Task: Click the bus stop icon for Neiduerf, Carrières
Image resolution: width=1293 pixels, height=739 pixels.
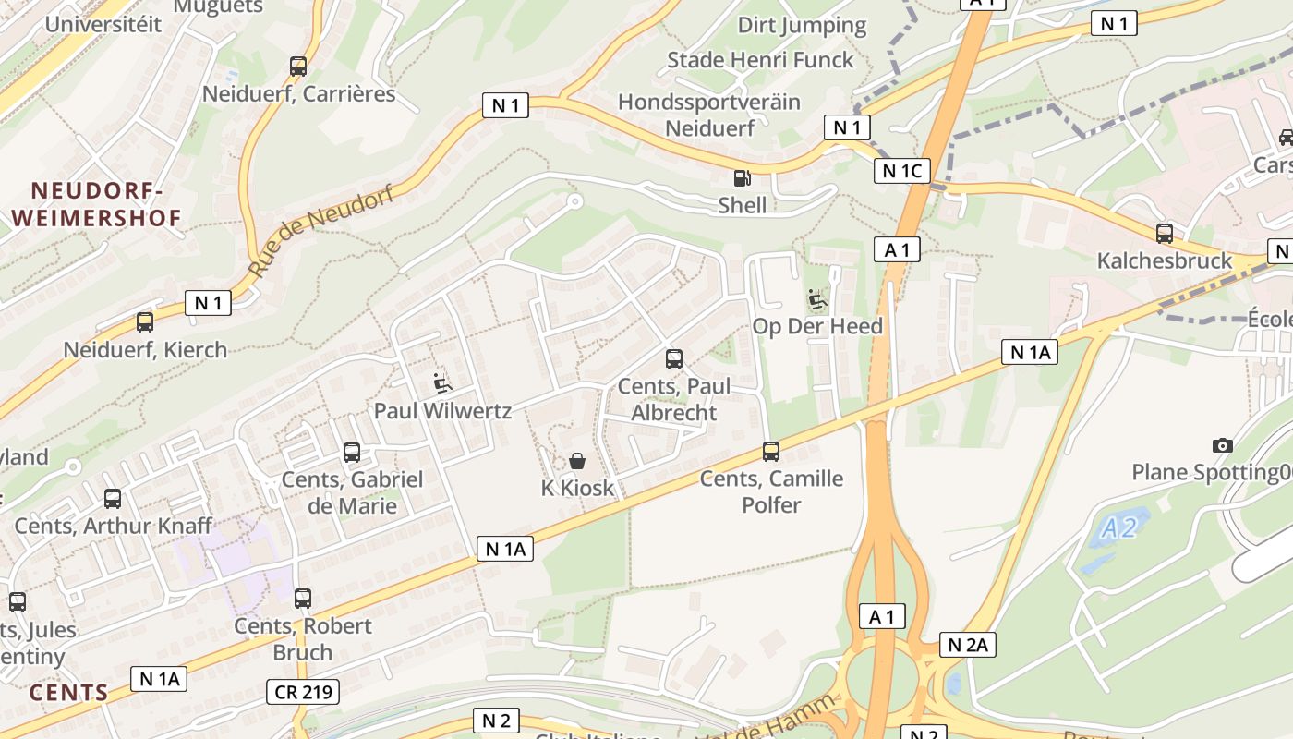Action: click(297, 67)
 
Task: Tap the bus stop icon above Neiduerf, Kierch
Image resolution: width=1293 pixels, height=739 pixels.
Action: click(145, 322)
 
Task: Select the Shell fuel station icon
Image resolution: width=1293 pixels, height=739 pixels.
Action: click(742, 178)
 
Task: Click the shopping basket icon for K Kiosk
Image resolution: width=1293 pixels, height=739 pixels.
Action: click(577, 461)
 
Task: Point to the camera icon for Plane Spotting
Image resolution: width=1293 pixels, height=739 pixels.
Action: click(1223, 446)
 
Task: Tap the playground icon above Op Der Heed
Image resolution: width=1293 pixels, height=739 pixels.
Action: click(817, 299)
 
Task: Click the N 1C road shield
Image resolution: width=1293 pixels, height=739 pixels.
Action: click(901, 170)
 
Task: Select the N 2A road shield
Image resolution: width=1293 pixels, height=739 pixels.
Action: click(968, 645)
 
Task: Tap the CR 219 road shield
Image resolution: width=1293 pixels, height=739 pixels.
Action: click(303, 691)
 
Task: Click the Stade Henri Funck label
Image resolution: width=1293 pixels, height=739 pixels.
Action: click(760, 60)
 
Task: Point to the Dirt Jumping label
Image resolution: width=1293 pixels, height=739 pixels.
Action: click(802, 25)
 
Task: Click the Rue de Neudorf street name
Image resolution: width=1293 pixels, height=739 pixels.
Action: click(320, 232)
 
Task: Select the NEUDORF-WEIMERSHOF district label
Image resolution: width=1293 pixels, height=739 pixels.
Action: click(97, 204)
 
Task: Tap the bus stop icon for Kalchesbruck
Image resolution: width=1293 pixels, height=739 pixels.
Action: click(1164, 233)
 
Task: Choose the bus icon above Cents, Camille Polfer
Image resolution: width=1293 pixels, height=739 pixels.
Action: click(770, 452)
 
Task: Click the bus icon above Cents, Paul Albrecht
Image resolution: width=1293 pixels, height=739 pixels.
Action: click(674, 359)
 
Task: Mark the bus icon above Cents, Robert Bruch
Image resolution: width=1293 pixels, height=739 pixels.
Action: click(303, 598)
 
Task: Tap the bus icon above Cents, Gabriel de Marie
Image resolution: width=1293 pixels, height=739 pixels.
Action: click(352, 453)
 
